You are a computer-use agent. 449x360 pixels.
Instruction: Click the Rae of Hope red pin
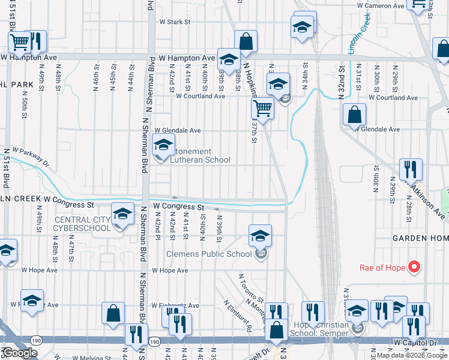414,267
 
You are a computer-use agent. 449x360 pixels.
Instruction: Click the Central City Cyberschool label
82,224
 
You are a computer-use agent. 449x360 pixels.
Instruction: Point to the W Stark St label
174,22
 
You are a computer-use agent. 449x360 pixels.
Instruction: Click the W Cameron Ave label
381,5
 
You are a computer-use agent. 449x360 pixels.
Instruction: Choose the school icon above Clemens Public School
260,235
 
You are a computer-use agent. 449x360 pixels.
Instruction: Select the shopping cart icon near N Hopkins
262,109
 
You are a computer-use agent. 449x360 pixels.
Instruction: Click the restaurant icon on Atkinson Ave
411,169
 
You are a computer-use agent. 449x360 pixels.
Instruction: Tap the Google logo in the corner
19,353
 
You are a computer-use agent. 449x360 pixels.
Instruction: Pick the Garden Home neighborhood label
420,238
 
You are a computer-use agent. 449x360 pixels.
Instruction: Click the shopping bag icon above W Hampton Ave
246,41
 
